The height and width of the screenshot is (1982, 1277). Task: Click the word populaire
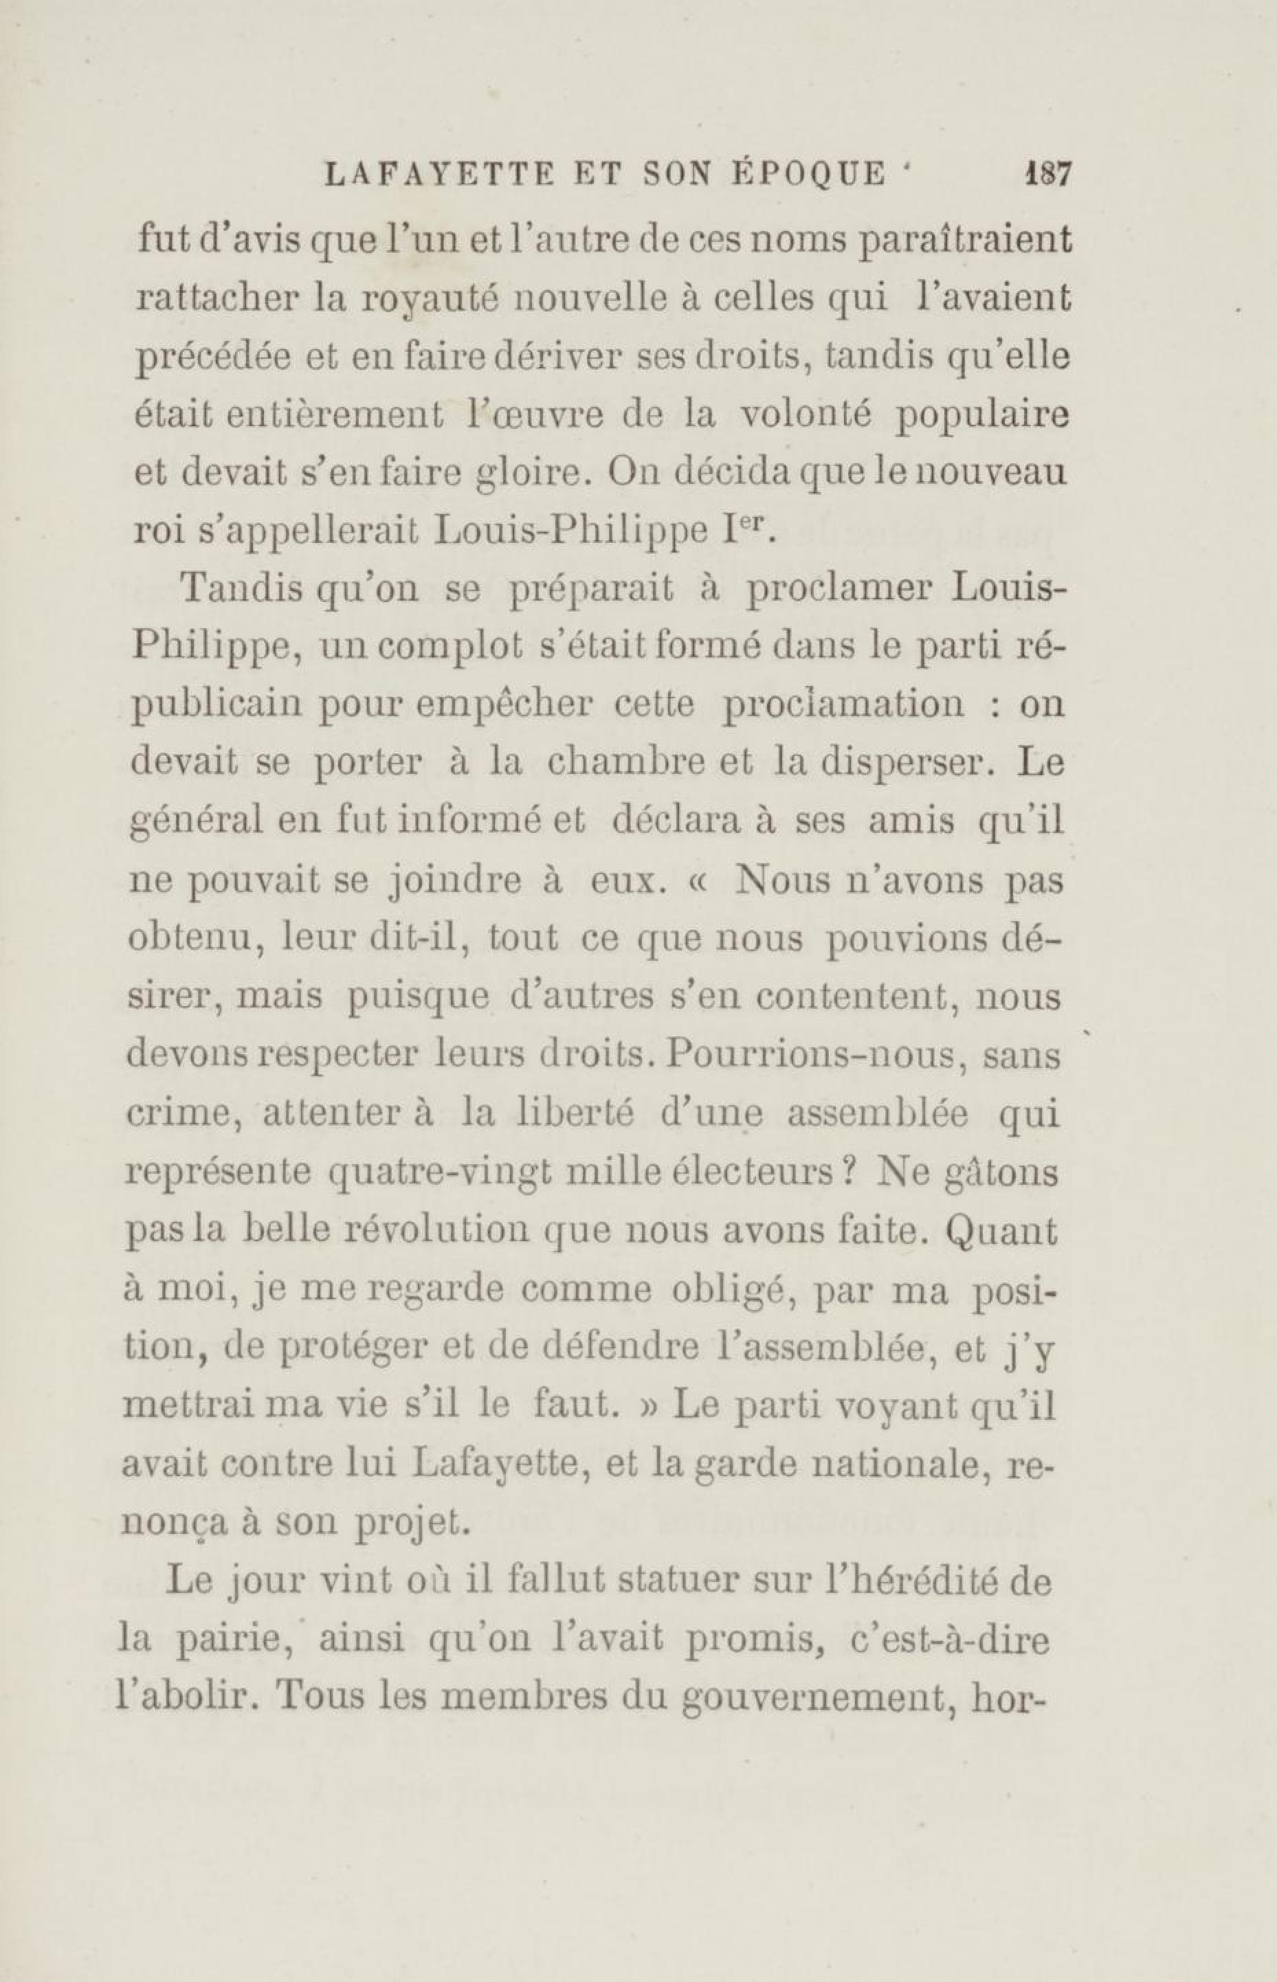(984, 417)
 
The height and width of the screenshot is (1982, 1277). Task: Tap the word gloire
(518, 475)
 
